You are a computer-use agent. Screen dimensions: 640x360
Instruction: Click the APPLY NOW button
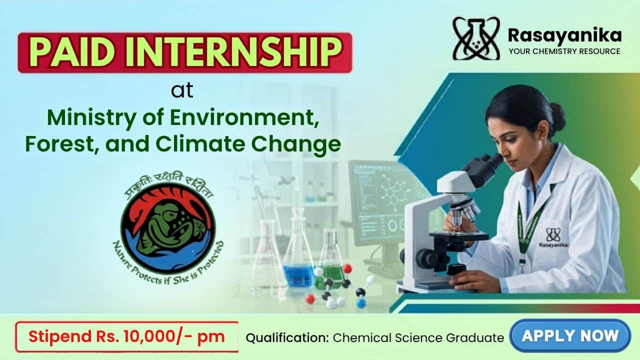(x=570, y=335)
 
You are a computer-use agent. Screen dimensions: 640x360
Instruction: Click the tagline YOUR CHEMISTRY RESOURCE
(x=564, y=51)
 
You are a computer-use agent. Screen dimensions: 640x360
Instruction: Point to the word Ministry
(x=91, y=118)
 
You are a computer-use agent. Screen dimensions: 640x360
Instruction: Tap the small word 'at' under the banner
(x=182, y=90)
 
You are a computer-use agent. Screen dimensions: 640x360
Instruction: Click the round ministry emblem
(x=168, y=227)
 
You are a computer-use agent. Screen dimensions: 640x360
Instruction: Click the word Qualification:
(x=287, y=338)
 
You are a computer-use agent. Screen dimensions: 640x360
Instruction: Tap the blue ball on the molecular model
(x=361, y=303)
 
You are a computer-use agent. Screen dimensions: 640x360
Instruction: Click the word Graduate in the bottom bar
(x=475, y=338)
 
